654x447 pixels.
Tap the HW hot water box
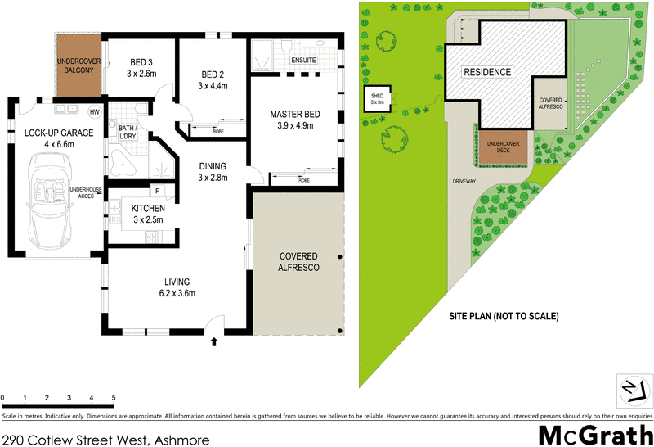click(94, 111)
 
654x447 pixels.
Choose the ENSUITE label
click(304, 60)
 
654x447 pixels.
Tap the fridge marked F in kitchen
click(156, 192)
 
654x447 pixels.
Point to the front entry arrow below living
click(214, 341)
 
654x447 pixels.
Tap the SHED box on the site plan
click(378, 98)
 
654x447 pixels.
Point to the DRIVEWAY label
click(463, 181)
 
